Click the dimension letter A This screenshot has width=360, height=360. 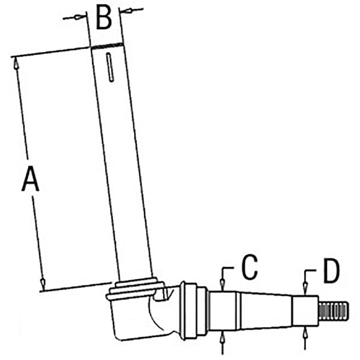30,179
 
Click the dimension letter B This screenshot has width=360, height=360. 104,18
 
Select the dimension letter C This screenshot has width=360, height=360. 250,267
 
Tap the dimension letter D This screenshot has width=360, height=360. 331,271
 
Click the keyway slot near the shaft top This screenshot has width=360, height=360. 110,67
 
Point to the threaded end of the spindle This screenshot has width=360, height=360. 333,311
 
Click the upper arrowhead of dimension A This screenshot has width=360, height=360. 15,63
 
